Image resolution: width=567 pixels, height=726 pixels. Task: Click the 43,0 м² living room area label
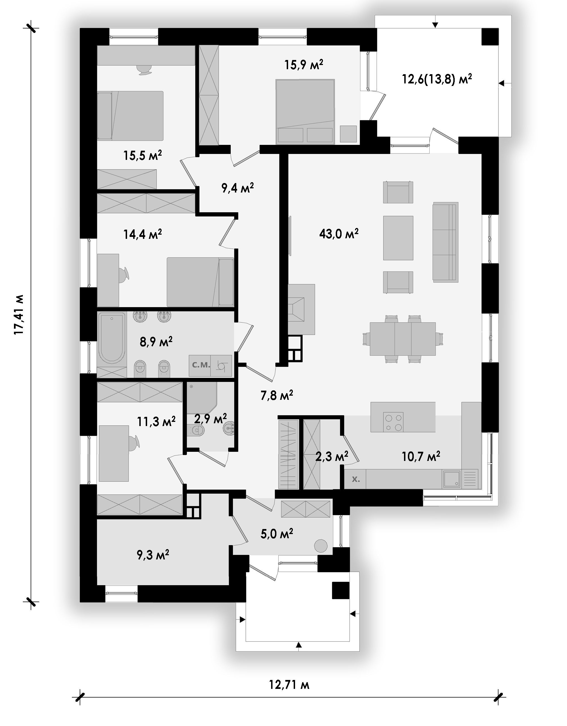click(339, 234)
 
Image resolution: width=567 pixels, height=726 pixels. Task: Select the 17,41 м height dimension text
click(19, 314)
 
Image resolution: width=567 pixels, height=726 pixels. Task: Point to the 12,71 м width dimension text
click(289, 685)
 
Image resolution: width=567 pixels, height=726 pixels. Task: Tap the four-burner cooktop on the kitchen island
click(393, 422)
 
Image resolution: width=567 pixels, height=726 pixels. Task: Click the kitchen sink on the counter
click(451, 479)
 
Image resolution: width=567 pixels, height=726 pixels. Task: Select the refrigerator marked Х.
click(355, 479)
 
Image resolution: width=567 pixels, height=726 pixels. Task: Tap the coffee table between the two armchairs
click(398, 238)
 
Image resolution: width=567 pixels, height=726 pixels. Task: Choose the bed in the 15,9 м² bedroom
click(305, 112)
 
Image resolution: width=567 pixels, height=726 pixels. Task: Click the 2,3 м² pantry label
click(331, 457)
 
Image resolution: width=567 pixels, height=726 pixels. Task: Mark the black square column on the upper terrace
click(490, 37)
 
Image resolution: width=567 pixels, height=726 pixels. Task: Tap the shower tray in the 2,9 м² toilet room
click(202, 398)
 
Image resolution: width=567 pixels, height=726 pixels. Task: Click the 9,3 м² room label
click(153, 554)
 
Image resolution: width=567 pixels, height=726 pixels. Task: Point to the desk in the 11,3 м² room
click(114, 453)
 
